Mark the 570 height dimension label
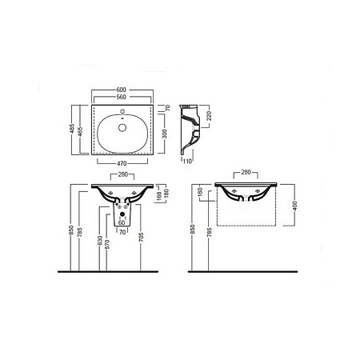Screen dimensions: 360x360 tap(108, 242)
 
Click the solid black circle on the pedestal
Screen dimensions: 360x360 tap(121, 214)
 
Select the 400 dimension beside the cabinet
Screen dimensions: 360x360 tap(296, 206)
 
